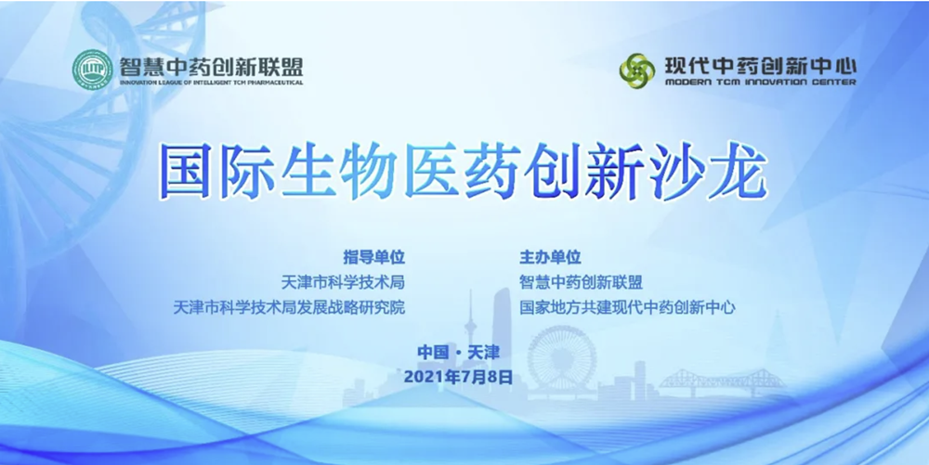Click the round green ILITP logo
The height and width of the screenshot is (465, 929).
(x=92, y=70)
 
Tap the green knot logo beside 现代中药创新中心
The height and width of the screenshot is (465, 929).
(x=637, y=71)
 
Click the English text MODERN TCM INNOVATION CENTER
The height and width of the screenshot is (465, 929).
(x=761, y=83)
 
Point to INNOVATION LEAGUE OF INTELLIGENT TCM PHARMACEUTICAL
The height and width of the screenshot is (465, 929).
(x=211, y=83)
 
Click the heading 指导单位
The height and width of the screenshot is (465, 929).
(x=373, y=257)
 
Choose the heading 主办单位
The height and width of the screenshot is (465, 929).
(x=550, y=257)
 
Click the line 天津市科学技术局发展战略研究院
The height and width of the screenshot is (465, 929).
(x=289, y=307)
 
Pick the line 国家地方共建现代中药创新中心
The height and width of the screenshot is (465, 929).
(x=627, y=307)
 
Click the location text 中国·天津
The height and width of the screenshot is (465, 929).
(x=459, y=353)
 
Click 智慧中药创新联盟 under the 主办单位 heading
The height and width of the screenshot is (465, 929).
(x=582, y=282)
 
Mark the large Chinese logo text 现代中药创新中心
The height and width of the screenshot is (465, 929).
(x=761, y=64)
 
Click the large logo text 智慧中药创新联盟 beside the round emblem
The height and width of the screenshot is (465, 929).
(x=211, y=66)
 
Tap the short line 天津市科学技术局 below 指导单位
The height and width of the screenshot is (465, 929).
(x=343, y=282)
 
